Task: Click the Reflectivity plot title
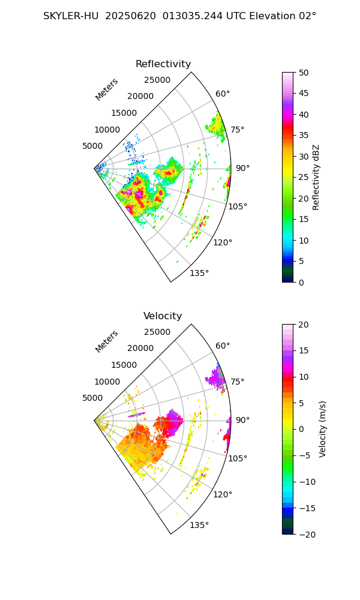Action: coord(163,64)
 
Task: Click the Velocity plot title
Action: coord(163,316)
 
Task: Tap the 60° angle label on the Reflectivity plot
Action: coord(223,94)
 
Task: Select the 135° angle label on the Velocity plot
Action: coord(199,526)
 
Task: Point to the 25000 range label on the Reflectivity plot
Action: coord(157,80)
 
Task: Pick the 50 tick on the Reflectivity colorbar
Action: coord(304,73)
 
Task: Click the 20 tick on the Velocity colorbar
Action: coord(304,325)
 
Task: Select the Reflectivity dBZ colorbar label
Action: coord(316,177)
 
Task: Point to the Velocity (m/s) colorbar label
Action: coord(323,429)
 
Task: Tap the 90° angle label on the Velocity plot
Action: coord(242,420)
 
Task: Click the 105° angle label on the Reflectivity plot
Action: coord(238,206)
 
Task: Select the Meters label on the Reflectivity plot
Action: coord(107,89)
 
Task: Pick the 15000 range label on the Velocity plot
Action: coord(124,365)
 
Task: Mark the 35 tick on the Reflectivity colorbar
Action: coord(304,136)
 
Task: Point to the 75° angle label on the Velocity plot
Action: coord(237,382)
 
